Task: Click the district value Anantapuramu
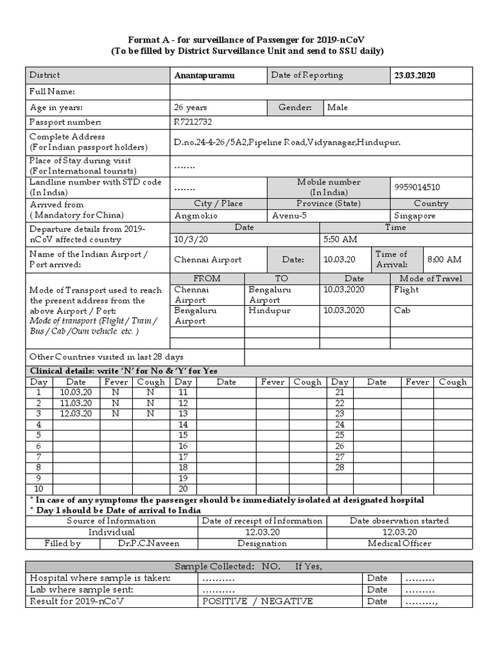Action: point(204,75)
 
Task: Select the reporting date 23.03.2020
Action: point(415,75)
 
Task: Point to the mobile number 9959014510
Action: point(418,188)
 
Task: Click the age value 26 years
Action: point(191,107)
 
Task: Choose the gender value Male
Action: point(338,107)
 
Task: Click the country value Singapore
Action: point(415,216)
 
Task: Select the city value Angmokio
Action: point(196,216)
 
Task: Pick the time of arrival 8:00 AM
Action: point(444,260)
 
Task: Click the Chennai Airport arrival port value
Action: point(208,260)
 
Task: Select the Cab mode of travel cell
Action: point(402,310)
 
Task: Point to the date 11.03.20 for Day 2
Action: point(76,403)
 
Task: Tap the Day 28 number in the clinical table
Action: point(340,467)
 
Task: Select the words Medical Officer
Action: point(399,543)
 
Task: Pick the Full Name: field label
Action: point(53,92)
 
